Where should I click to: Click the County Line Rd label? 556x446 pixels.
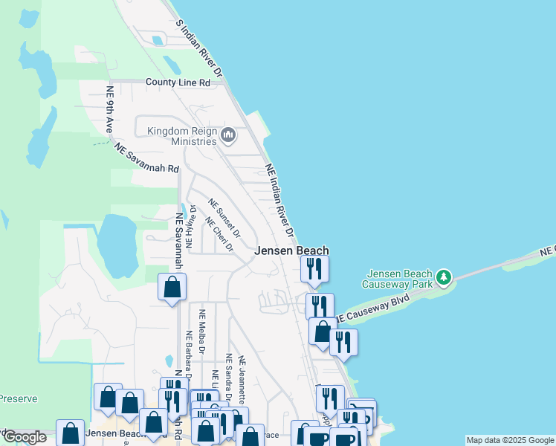tap(178, 83)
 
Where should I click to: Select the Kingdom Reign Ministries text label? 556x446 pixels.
tap(181, 136)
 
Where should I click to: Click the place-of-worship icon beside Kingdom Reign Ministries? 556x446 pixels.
tap(228, 135)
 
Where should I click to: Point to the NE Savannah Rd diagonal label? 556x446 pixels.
tap(147, 159)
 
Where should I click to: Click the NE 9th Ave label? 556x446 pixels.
tap(110, 109)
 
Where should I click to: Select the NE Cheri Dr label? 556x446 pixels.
tap(219, 234)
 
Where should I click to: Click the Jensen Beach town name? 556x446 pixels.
tap(291, 251)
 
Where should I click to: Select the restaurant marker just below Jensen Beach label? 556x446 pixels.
tap(314, 268)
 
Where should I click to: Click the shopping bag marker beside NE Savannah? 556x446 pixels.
tap(172, 286)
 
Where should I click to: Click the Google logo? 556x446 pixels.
tap(25, 437)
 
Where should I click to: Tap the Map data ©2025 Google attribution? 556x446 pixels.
tap(510, 440)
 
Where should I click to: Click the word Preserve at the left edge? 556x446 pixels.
tap(18, 398)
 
